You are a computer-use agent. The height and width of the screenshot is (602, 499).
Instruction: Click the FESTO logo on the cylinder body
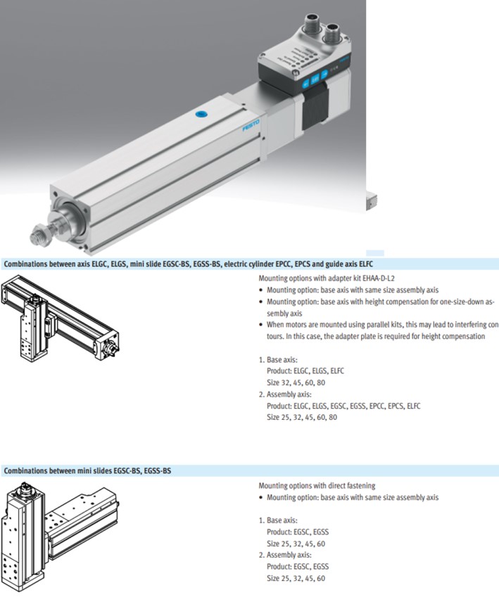click(x=251, y=127)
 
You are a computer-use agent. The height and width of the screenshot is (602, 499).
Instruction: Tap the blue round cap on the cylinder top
click(x=201, y=114)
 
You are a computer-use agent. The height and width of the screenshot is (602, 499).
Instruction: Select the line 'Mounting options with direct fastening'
click(x=317, y=485)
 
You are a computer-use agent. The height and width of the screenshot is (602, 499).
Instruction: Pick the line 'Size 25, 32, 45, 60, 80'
click(x=303, y=417)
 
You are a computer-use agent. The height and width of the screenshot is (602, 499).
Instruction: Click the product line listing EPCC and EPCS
click(x=343, y=406)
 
